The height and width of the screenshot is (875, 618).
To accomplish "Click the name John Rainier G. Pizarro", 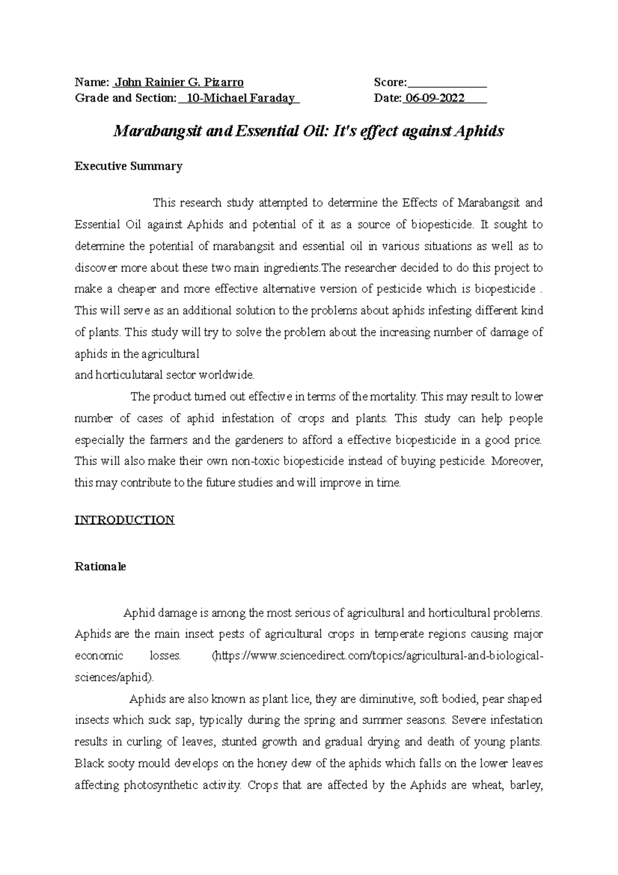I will [179, 82].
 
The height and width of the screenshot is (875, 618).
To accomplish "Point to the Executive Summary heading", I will [129, 166].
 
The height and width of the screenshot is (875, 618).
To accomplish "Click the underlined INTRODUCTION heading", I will [125, 520].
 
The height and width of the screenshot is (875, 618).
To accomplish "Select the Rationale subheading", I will [100, 566].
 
